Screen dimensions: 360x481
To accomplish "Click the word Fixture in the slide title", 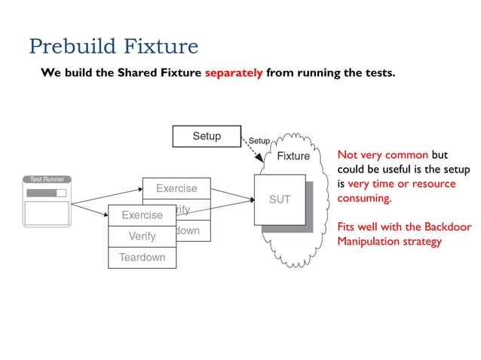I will (x=161, y=47).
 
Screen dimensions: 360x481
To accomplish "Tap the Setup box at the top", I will (x=207, y=136).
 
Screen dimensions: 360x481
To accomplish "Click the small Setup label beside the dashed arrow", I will (x=259, y=141).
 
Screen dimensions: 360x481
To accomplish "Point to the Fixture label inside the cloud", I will (x=293, y=157).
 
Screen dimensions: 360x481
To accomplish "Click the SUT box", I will (x=279, y=200).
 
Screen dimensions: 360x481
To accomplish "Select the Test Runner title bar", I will (x=47, y=179).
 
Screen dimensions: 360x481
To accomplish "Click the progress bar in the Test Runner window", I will (x=46, y=193).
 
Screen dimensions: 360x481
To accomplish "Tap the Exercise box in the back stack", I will (x=176, y=188).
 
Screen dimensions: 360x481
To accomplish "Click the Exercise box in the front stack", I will (x=142, y=215).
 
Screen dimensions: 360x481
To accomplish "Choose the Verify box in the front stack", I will (x=142, y=236).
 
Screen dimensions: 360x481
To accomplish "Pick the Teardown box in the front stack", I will (x=142, y=258).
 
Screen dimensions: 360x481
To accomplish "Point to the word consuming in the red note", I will (x=364, y=199).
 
